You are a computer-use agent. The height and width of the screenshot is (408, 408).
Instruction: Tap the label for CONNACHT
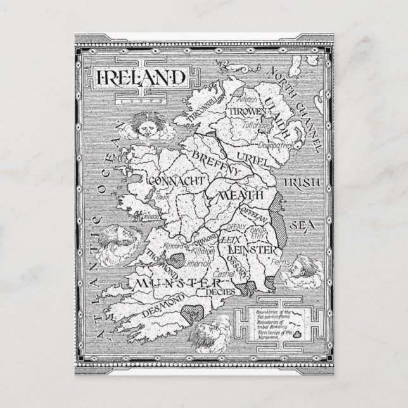177,181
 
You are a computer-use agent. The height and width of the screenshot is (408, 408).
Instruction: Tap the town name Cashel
224,274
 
